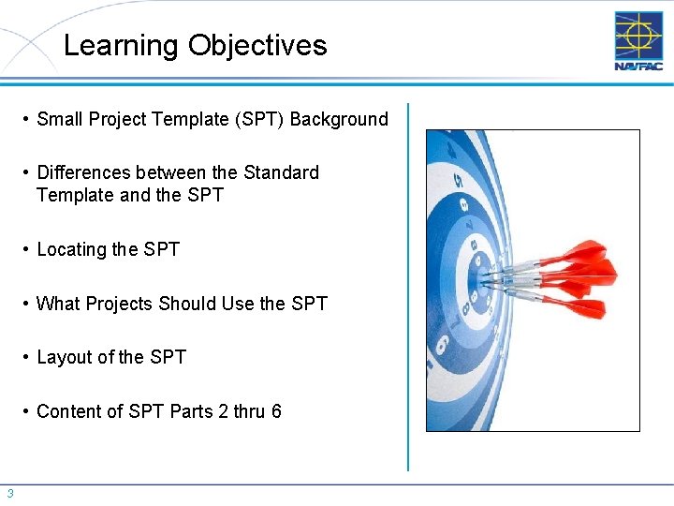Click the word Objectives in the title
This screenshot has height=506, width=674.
click(257, 46)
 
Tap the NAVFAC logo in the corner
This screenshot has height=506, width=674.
click(638, 40)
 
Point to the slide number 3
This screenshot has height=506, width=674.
click(9, 494)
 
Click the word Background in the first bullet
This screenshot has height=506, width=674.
click(339, 120)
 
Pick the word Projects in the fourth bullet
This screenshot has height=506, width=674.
click(120, 305)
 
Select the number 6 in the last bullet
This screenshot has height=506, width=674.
click(276, 412)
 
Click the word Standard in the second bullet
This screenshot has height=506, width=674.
click(281, 173)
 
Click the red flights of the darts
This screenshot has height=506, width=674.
click(585, 277)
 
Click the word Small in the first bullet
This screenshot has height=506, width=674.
click(59, 120)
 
